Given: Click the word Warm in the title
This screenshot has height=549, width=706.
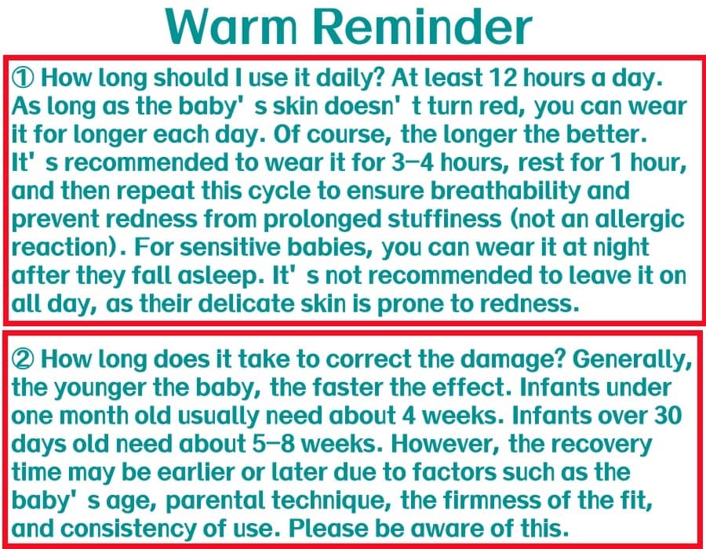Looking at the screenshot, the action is (231, 26).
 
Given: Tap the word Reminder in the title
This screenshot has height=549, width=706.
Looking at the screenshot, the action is (426, 26).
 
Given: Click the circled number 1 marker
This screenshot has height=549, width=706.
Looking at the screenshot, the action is (23, 78).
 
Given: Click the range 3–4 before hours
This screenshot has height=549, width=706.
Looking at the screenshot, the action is (413, 162).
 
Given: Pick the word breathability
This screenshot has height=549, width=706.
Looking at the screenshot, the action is (506, 191).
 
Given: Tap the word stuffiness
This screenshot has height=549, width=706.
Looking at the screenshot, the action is (445, 219).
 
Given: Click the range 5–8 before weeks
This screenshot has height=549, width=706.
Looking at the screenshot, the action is (273, 444).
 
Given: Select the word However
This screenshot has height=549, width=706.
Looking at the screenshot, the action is (446, 445).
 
